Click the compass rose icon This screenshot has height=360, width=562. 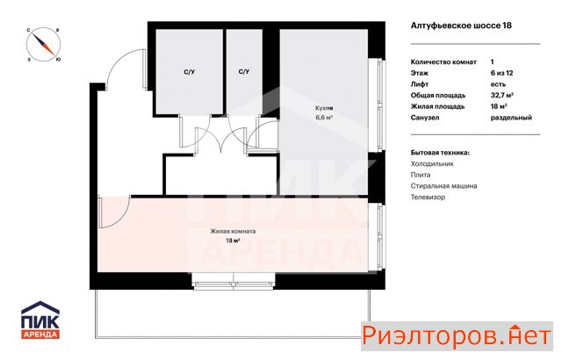pos(43,45)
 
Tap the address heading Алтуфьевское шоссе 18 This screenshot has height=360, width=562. pos(461,25)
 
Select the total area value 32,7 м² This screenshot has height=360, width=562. pos(501,96)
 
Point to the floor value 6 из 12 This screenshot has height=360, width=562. pos(501,73)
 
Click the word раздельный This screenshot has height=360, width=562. pos(511,118)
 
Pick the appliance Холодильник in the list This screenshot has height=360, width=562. pos(432,163)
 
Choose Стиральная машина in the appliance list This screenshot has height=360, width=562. pos(443,186)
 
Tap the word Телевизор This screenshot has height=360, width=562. pos(428,197)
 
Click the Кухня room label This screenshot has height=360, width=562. pos(324,108)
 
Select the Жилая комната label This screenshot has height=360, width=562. pos(233,232)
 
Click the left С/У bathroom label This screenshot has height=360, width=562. pos(190,72)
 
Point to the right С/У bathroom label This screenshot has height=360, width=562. pos(244,72)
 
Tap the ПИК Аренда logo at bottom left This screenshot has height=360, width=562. pos(40,320)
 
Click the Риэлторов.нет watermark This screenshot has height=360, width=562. pos(457,336)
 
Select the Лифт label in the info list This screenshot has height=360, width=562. pos(420,84)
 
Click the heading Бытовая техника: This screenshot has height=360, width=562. pos(440,153)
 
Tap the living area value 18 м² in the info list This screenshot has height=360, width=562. pos(499,106)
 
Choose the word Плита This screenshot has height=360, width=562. pos(421,175)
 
